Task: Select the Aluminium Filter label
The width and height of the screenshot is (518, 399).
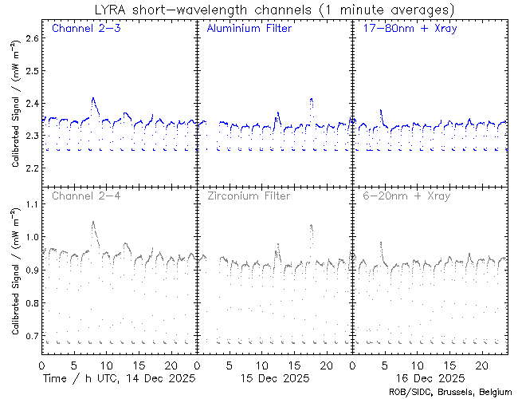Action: (249, 29)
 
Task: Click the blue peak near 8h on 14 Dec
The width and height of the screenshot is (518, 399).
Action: (93, 99)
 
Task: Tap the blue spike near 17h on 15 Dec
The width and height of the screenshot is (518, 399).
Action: (311, 100)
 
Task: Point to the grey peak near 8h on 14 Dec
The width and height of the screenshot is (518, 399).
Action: (93, 223)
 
